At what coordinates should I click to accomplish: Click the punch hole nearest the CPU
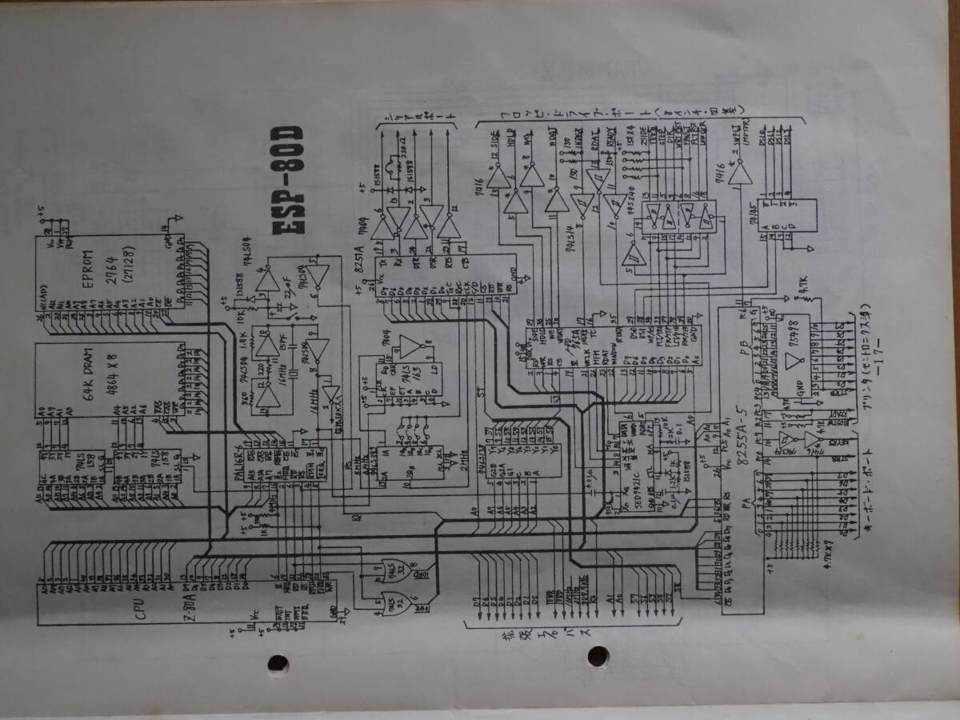pyautogui.click(x=278, y=663)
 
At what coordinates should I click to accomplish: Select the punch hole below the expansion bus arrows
pyautogui.click(x=598, y=657)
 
